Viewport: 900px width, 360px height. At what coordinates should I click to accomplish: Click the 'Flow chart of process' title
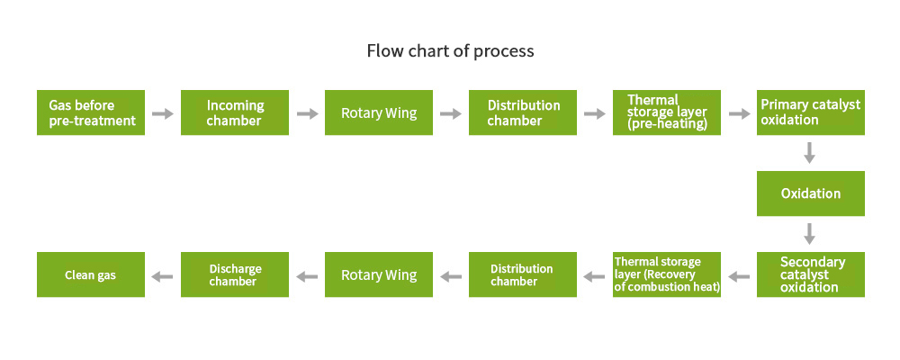(451, 51)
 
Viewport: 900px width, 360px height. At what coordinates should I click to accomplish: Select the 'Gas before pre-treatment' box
(91, 112)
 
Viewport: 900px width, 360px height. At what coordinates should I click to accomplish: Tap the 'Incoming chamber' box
(235, 112)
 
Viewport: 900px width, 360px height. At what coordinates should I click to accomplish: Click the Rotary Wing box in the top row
(379, 112)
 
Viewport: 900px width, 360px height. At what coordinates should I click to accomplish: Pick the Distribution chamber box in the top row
(523, 112)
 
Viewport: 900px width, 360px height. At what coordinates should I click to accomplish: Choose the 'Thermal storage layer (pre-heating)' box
(667, 112)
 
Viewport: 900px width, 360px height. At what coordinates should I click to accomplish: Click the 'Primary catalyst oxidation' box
(811, 112)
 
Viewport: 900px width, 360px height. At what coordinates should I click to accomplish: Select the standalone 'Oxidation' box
(811, 193)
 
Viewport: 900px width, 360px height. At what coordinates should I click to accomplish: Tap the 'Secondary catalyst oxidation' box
(811, 274)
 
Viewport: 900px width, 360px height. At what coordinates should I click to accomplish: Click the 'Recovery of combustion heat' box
(667, 274)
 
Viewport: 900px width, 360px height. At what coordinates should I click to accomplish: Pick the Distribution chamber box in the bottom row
(523, 274)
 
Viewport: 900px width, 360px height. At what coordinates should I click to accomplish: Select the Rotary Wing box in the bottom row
(379, 274)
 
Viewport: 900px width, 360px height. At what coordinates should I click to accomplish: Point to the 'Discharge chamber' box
(235, 274)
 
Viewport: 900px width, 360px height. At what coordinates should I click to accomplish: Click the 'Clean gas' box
(91, 274)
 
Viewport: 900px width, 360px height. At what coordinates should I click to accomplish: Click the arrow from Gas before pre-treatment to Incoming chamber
(162, 113)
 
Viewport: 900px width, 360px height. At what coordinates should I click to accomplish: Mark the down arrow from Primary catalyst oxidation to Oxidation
(809, 153)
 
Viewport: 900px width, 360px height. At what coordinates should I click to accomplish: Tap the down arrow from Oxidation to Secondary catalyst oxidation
(809, 234)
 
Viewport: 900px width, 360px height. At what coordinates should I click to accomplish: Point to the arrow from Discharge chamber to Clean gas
(162, 276)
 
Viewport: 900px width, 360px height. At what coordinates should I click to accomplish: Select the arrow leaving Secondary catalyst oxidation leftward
(739, 276)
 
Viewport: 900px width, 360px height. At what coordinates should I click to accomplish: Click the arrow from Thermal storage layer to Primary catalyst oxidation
(740, 113)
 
